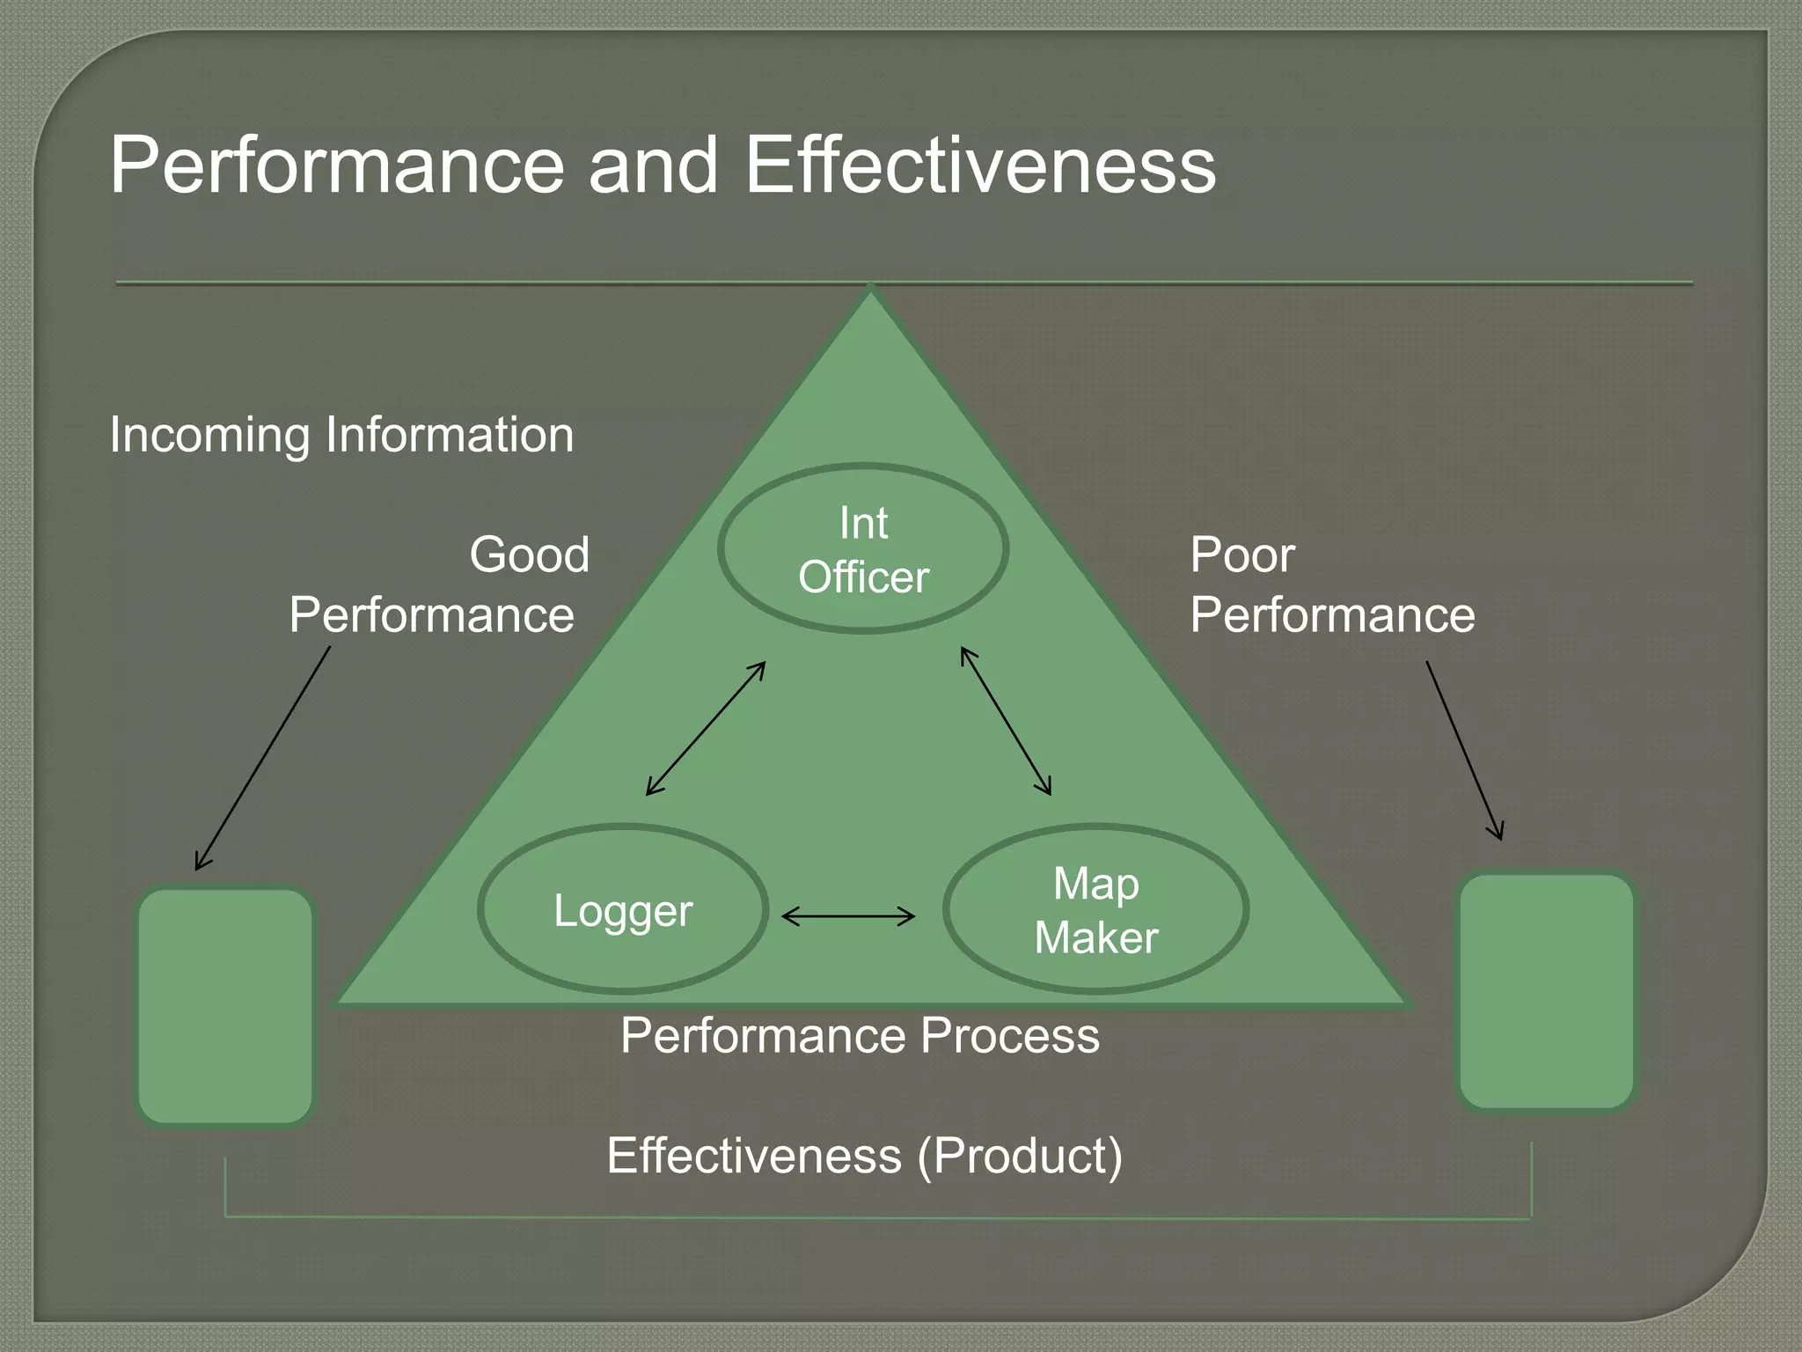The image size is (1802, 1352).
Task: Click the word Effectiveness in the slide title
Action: click(x=980, y=165)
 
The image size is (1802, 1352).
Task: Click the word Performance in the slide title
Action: click(x=337, y=165)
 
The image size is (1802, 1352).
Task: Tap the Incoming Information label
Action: click(x=341, y=435)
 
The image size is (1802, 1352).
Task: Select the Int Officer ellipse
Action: click(x=863, y=549)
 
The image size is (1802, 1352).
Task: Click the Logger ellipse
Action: click(x=623, y=910)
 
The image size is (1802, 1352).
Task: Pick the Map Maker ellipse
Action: click(x=1095, y=910)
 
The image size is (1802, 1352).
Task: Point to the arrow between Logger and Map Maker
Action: click(x=848, y=917)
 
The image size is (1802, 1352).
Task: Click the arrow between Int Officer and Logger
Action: click(x=706, y=729)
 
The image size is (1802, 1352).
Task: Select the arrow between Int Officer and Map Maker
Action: click(x=1006, y=722)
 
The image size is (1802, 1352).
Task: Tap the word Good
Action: click(x=530, y=555)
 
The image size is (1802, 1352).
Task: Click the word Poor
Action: click(x=1242, y=555)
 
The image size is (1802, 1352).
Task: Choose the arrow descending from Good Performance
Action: click(x=262, y=759)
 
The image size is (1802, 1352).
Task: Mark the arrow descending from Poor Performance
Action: click(x=1464, y=751)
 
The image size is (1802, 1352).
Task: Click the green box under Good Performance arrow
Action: click(x=226, y=1006)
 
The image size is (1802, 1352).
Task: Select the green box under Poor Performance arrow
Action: click(x=1546, y=991)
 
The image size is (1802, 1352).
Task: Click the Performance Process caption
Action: click(x=860, y=1036)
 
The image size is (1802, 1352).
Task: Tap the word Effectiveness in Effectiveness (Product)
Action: click(x=754, y=1156)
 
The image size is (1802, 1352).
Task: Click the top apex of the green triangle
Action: click(x=870, y=294)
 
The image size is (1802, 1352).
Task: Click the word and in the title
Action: click(x=654, y=165)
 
